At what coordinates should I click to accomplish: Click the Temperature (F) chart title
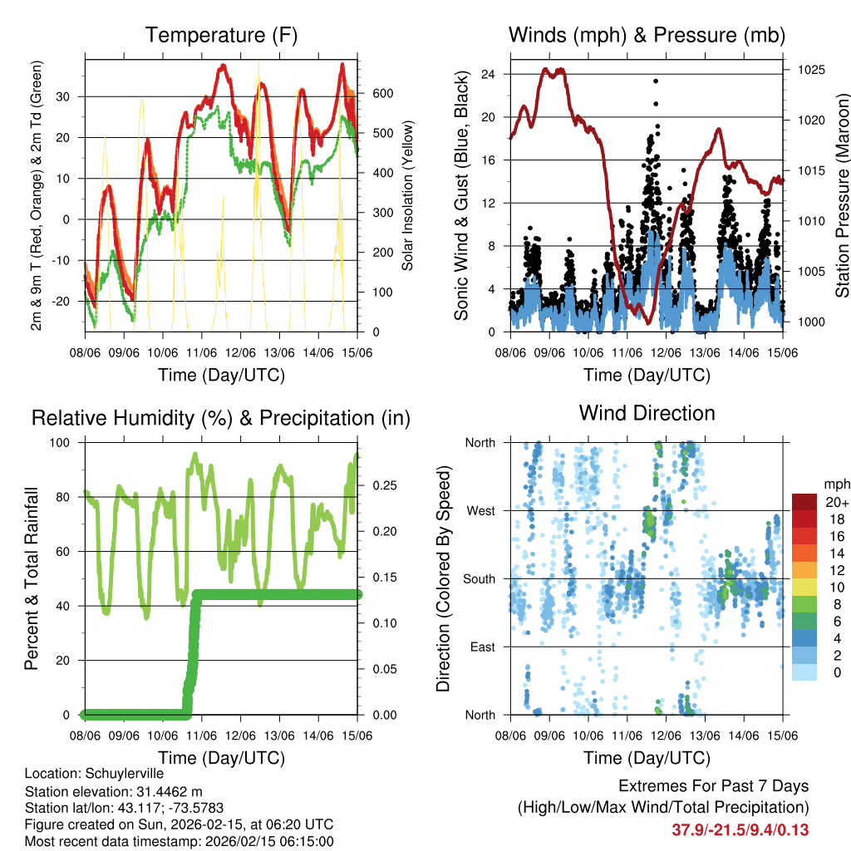[x=221, y=35]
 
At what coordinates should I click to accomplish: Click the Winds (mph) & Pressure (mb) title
[x=647, y=35]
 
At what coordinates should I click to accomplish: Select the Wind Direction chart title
[x=647, y=412]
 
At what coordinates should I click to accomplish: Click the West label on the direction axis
[x=480, y=510]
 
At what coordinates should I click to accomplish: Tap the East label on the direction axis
[x=481, y=647]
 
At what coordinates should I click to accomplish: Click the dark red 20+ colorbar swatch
[x=805, y=502]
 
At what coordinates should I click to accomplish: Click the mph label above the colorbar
[x=835, y=483]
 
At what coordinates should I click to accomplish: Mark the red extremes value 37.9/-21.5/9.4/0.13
[x=740, y=830]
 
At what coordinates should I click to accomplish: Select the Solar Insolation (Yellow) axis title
[x=407, y=196]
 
